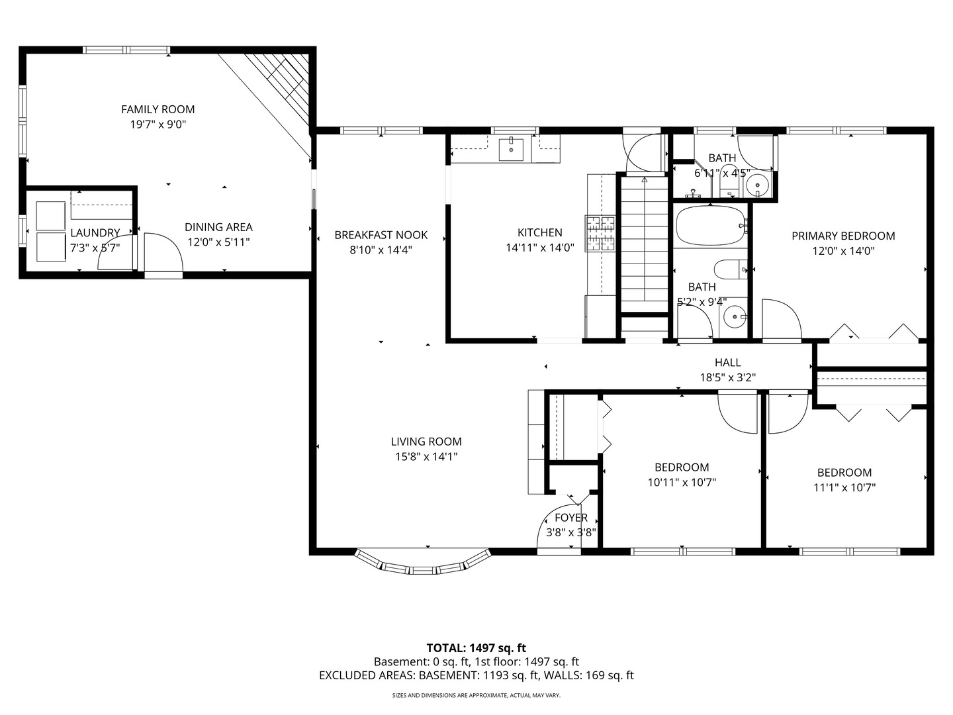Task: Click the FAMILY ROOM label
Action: tap(158, 109)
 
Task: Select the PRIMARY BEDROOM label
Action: tap(843, 236)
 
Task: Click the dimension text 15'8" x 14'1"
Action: tap(426, 456)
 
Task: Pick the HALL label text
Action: tap(727, 362)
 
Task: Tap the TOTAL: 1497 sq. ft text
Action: tap(476, 647)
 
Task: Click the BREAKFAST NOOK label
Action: tap(381, 235)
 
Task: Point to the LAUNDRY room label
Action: tap(95, 233)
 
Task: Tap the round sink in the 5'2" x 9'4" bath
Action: tap(734, 317)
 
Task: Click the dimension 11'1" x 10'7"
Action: tap(844, 487)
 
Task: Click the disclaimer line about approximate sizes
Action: tap(476, 695)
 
